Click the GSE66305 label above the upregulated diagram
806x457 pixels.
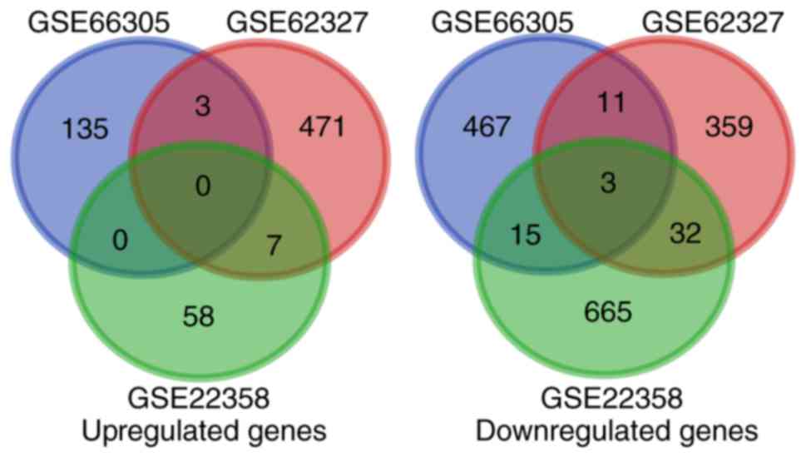[x=99, y=22]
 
